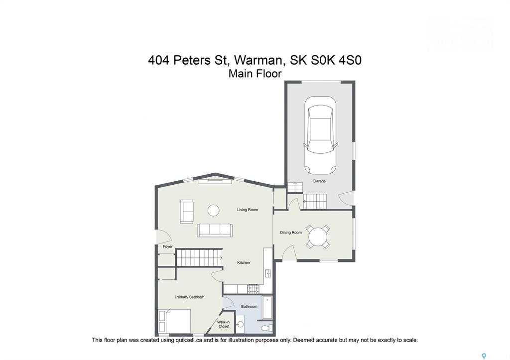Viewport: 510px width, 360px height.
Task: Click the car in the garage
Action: click(320, 135)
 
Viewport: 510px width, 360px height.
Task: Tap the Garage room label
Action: click(319, 181)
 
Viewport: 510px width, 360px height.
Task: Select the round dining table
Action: click(318, 237)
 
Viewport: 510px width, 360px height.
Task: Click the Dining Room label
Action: click(291, 233)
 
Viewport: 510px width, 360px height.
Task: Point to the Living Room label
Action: click(248, 210)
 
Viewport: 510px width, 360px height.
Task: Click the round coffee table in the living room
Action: click(214, 210)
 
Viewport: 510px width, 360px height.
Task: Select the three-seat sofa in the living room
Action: click(215, 230)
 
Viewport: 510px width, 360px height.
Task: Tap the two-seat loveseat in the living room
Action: click(187, 212)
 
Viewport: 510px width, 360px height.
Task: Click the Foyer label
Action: click(168, 246)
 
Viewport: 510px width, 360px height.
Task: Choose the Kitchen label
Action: click(243, 263)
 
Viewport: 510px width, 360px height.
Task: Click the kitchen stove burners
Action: click(253, 288)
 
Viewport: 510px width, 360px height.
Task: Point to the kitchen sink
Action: click(268, 273)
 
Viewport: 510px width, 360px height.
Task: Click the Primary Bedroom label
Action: click(190, 297)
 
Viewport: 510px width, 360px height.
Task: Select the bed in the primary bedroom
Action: click(175, 321)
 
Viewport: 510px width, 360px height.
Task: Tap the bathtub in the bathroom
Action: click(267, 308)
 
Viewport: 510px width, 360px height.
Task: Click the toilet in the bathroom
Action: click(267, 328)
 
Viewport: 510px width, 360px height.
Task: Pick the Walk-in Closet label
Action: click(224, 324)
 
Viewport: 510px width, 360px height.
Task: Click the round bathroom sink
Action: click(241, 324)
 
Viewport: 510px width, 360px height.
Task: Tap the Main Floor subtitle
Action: click(255, 74)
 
